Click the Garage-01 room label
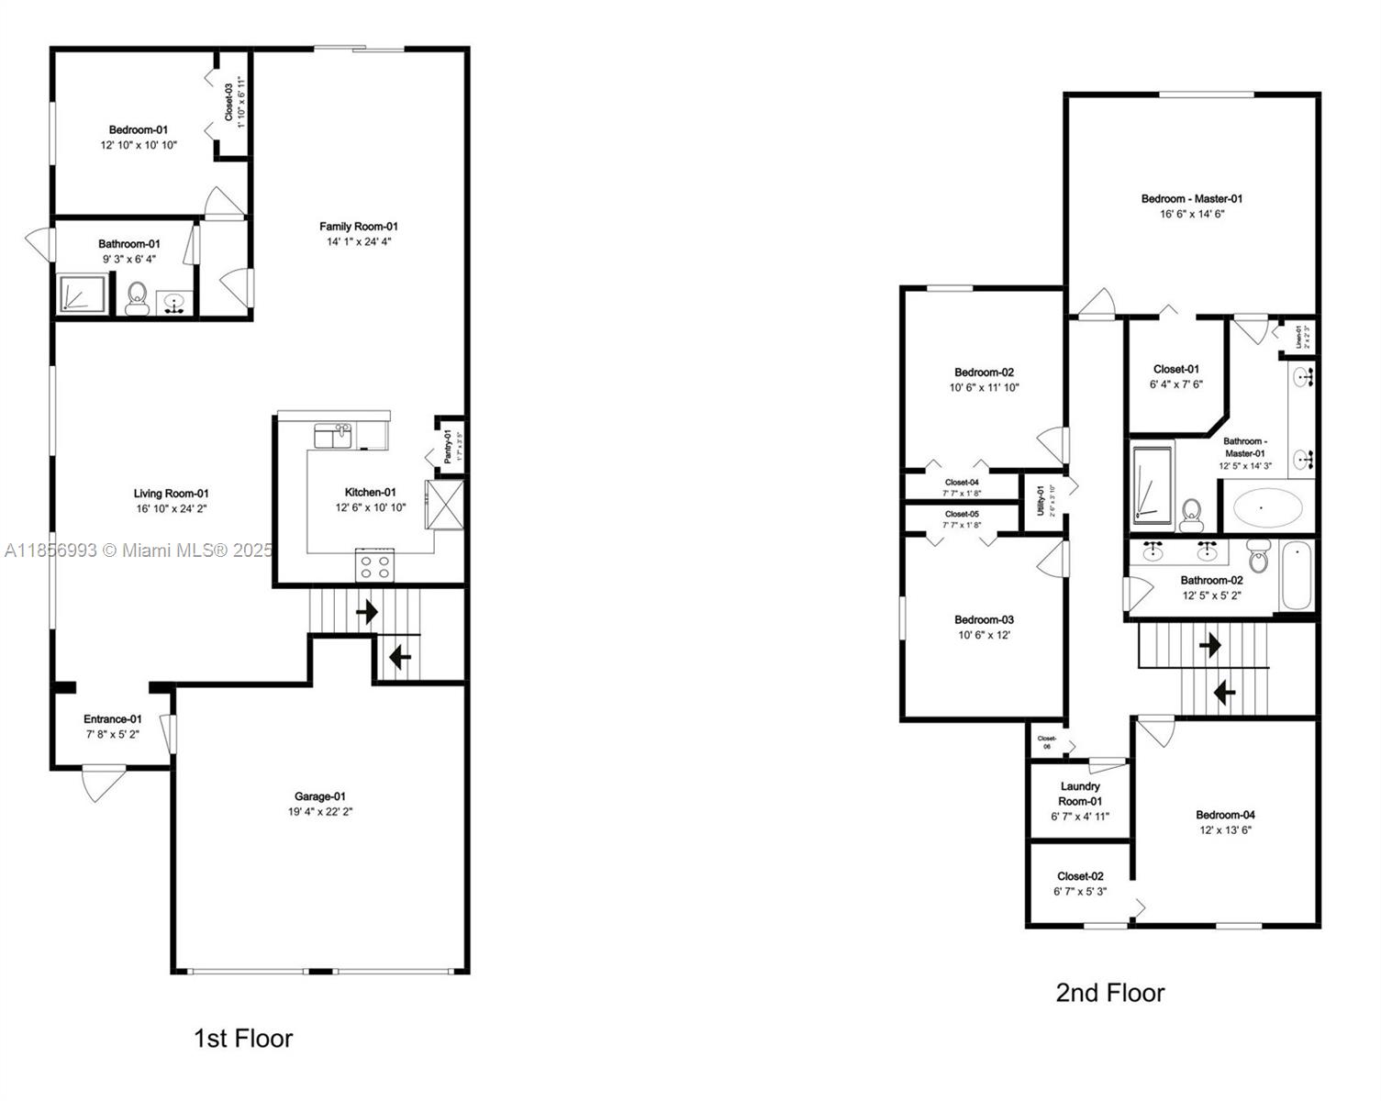click(319, 796)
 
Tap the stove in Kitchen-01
click(374, 566)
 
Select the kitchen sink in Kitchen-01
click(333, 435)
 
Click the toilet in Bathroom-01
click(138, 298)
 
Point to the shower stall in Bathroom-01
click(83, 295)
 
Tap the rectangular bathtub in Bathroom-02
click(1297, 576)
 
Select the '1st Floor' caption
click(243, 1039)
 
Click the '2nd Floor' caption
click(1109, 993)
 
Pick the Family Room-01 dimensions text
click(359, 242)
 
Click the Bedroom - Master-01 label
click(1191, 199)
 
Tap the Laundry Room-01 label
click(1080, 794)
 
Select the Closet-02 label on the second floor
click(1080, 876)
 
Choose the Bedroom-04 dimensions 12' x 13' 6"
click(1225, 830)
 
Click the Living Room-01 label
click(172, 494)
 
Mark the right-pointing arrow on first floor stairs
click(367, 612)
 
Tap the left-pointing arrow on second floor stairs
click(1224, 692)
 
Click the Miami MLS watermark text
click(138, 550)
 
